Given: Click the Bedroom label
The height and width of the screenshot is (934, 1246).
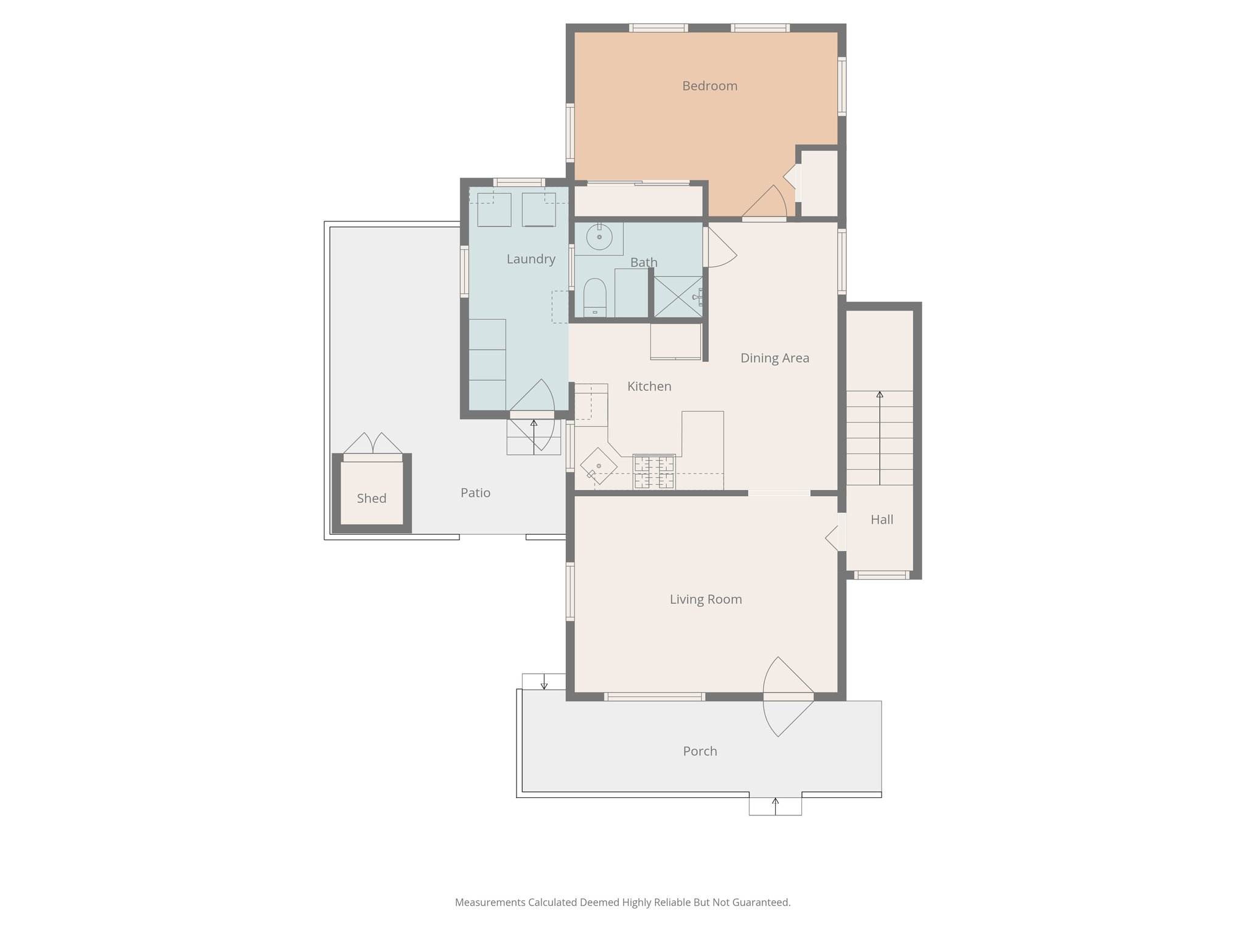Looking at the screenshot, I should point(709,86).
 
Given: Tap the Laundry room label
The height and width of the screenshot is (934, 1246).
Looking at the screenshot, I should point(531,260).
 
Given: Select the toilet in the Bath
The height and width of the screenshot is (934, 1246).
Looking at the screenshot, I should point(594,297).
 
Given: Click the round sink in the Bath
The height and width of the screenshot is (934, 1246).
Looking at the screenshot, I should point(599,237).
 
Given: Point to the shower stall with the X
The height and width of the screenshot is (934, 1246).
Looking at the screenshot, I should point(678,297).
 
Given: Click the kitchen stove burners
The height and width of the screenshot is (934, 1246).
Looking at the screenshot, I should point(654,472).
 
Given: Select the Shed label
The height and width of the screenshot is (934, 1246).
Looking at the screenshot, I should point(371,499).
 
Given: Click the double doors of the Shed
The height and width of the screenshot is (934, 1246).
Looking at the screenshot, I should point(372,443).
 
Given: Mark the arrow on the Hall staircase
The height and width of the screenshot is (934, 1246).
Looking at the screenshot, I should point(880,438).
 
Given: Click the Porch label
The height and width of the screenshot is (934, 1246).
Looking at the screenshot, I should point(700,752).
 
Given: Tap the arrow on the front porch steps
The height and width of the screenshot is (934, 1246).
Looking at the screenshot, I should point(775,805).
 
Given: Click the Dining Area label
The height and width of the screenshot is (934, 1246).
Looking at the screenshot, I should point(774,358).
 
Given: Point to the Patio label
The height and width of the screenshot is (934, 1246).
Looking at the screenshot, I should point(475,493).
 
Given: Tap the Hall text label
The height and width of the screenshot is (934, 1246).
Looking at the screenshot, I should point(882,520).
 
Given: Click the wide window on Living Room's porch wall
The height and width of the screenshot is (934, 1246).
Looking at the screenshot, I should point(655,697).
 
